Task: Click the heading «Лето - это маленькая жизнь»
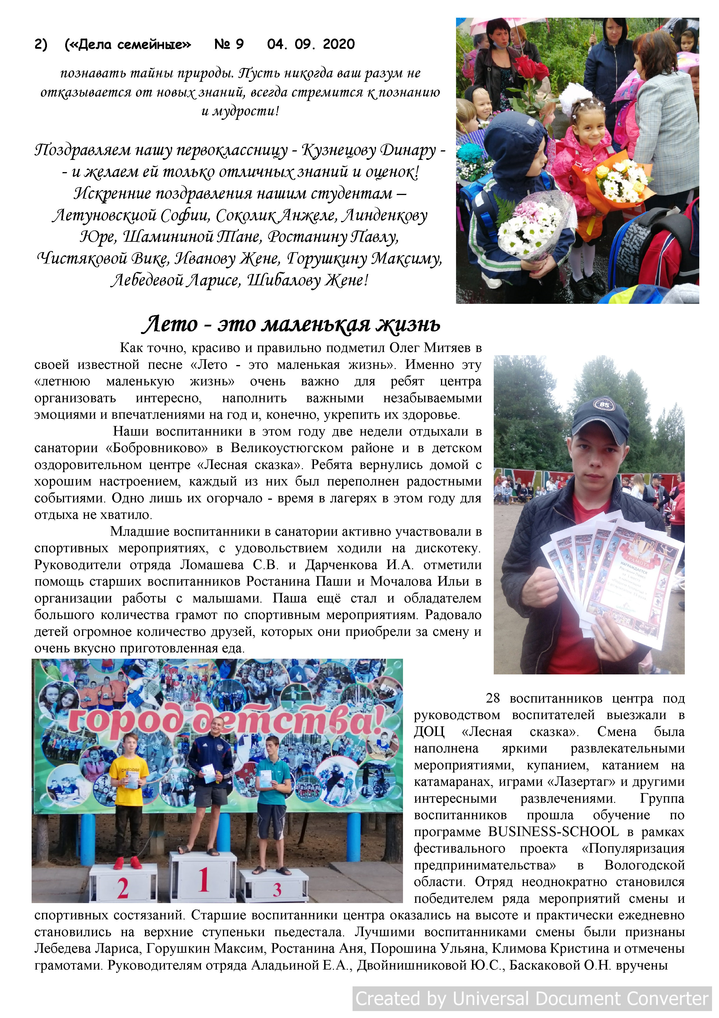coord(290,324)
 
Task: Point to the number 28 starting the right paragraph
coord(493,698)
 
